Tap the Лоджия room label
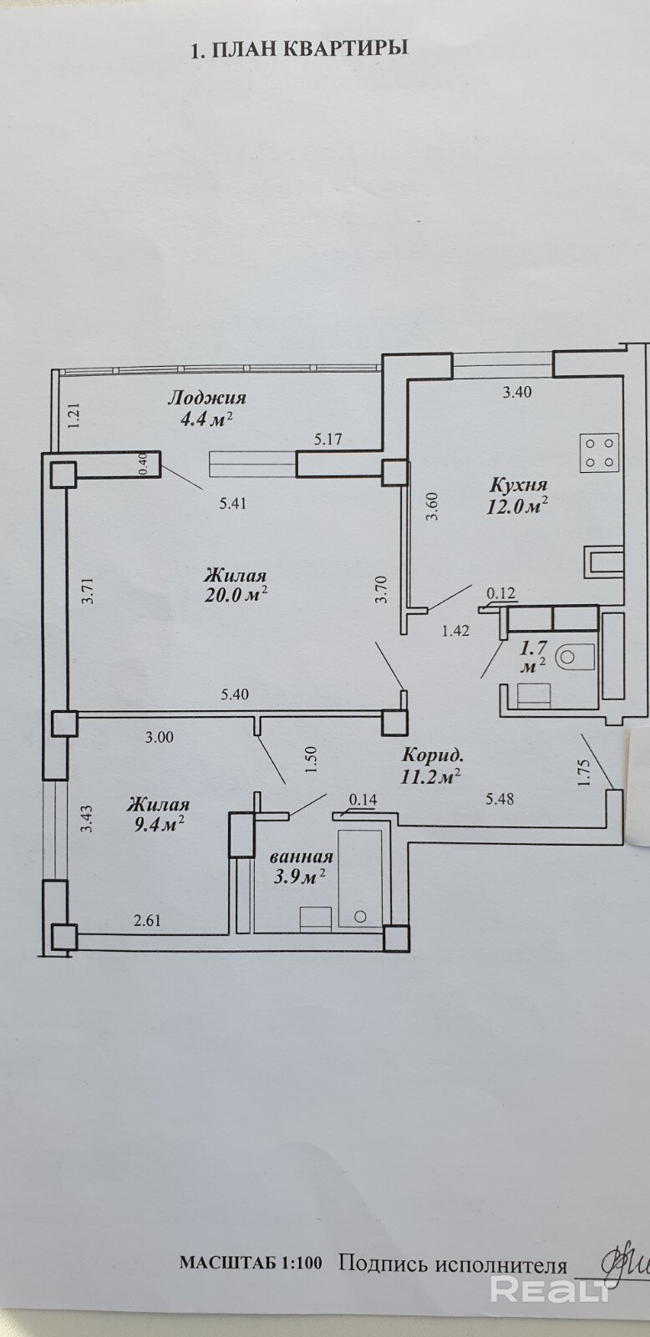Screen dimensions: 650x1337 pyautogui.click(x=206, y=398)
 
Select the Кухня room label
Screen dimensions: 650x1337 pyautogui.click(x=518, y=485)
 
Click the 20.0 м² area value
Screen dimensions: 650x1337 pyautogui.click(x=236, y=595)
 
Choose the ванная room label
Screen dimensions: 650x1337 pyautogui.click(x=302, y=857)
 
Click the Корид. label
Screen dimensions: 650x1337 pyautogui.click(x=433, y=753)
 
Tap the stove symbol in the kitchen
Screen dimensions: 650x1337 pyautogui.click(x=600, y=452)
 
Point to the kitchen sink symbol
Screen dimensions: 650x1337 pyautogui.click(x=604, y=562)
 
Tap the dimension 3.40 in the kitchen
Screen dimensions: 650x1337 pyautogui.click(x=516, y=391)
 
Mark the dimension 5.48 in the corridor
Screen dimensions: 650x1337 pyautogui.click(x=500, y=799)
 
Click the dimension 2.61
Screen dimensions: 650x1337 pyautogui.click(x=147, y=921)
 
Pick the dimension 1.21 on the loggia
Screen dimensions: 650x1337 pyautogui.click(x=74, y=416)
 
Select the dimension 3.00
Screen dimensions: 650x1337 pyautogui.click(x=160, y=737)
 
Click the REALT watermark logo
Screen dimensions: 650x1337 pyautogui.click(x=551, y=1290)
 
